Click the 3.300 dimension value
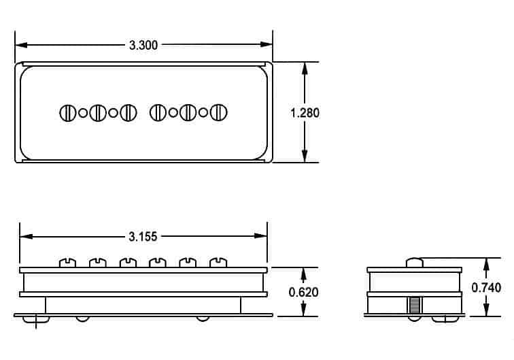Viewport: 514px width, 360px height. [143, 46]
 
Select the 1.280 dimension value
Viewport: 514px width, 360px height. [305, 113]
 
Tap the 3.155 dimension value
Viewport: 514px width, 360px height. [143, 237]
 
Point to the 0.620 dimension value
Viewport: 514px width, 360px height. [304, 292]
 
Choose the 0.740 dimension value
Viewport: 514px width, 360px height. [486, 287]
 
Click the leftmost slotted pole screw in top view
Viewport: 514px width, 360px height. [67, 113]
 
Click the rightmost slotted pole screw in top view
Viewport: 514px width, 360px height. [218, 113]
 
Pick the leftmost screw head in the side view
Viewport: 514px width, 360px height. [67, 262]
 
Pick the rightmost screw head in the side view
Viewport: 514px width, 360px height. [218, 262]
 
